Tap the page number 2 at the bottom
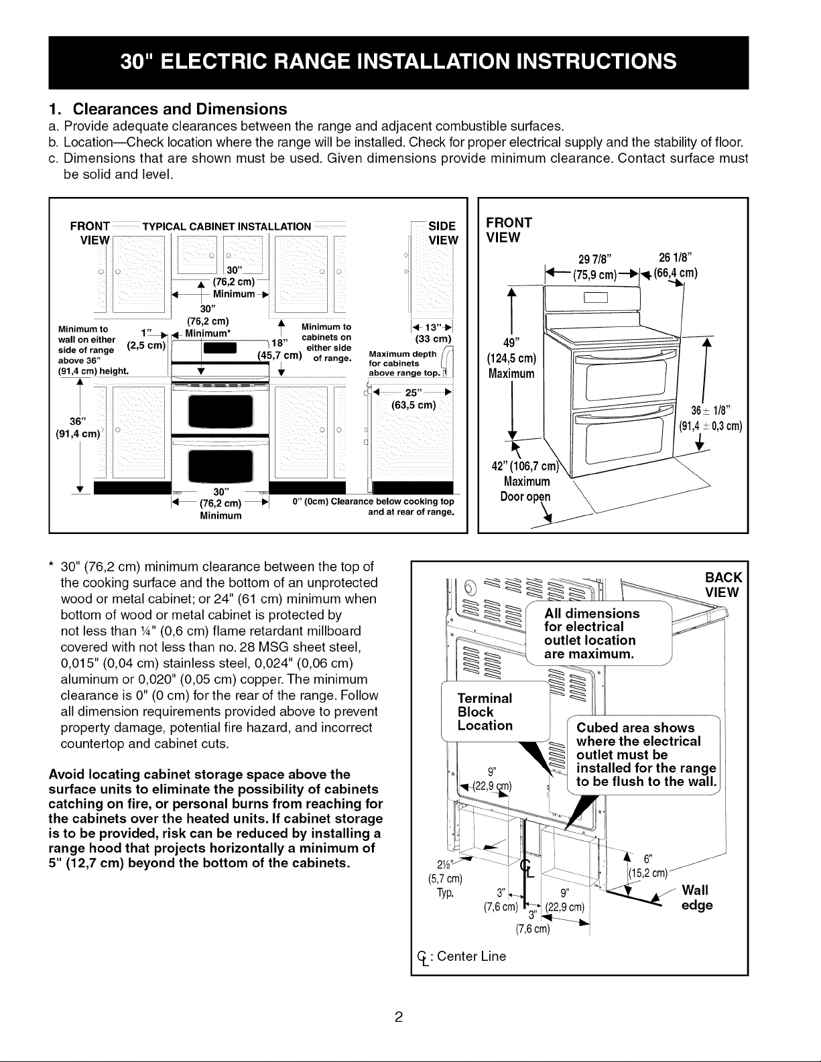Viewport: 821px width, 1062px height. coord(399,1017)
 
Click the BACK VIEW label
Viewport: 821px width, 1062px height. coord(722,584)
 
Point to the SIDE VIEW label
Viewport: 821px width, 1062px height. coord(443,233)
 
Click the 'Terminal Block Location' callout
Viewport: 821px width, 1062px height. coord(485,712)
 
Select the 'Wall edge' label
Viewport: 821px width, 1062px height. coord(697,897)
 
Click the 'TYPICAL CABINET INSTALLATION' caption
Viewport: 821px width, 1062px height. coord(227,226)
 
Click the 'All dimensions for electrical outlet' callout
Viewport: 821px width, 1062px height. coord(592,633)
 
